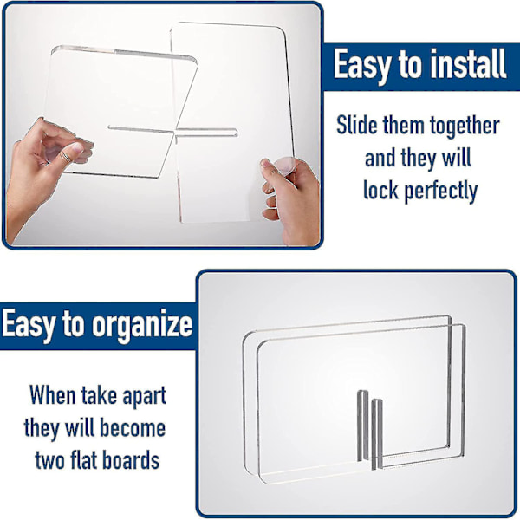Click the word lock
380,190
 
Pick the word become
133,427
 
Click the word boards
131,459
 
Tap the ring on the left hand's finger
67,157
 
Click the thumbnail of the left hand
78,147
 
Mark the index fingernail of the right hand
266,163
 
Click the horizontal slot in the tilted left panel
141,129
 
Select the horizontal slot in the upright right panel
206,132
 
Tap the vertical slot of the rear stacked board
363,426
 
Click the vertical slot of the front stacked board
377,434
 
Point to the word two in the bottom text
49,460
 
